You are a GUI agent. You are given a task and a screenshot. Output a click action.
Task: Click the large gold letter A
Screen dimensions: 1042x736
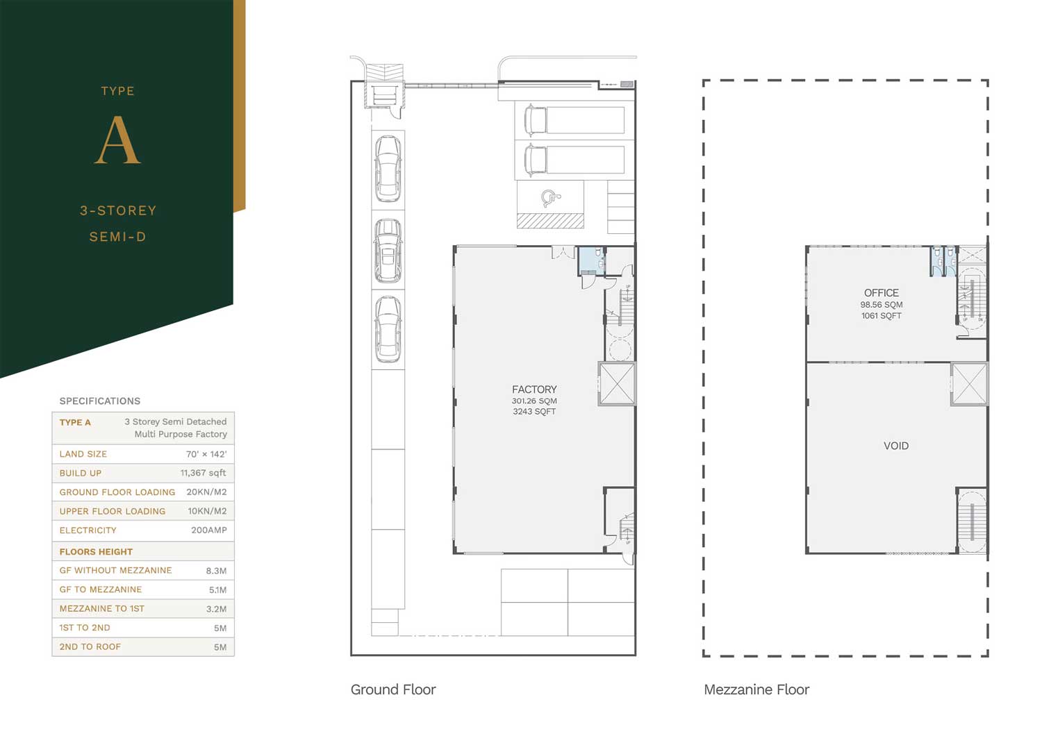(x=117, y=140)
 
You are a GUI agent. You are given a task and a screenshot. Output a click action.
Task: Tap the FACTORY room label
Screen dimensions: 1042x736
(x=534, y=389)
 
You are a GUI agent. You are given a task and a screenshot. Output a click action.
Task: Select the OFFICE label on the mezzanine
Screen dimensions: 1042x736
(x=881, y=293)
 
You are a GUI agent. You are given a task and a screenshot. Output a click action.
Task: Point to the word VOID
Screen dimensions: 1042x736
(x=896, y=446)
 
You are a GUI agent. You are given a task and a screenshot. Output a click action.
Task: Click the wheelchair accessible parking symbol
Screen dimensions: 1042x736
(x=551, y=198)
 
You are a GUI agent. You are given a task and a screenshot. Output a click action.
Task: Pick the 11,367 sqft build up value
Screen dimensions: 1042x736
(x=204, y=473)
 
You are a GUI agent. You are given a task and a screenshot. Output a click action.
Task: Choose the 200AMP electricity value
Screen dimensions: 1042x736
(x=209, y=530)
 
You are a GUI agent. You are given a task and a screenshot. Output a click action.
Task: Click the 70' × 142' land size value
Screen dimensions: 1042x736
(x=206, y=454)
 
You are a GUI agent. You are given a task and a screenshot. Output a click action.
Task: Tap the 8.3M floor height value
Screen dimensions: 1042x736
(x=216, y=571)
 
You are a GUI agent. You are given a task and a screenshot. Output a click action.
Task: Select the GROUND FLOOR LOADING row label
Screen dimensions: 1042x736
(x=117, y=492)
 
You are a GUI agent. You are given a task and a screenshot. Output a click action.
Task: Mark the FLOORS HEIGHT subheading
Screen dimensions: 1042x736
(x=96, y=552)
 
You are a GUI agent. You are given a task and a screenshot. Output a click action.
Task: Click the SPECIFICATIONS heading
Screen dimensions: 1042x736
(x=99, y=401)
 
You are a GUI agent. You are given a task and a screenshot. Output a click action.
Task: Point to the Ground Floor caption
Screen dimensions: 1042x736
(x=393, y=689)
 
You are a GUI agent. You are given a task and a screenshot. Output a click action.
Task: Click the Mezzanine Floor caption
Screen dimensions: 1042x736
(x=756, y=689)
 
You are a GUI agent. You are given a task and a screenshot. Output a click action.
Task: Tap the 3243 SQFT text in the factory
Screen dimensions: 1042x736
(x=534, y=412)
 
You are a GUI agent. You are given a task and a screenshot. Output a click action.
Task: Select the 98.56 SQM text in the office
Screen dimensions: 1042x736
(x=881, y=305)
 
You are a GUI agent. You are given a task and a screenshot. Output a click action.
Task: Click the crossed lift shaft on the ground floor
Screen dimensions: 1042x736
(x=617, y=383)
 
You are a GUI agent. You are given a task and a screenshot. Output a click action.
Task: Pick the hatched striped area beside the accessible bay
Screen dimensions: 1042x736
(x=550, y=221)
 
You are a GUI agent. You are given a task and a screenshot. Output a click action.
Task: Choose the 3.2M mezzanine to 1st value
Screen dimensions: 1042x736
(x=216, y=609)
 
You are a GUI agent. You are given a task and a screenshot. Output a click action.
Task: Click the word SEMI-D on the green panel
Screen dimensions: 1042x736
(x=117, y=237)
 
